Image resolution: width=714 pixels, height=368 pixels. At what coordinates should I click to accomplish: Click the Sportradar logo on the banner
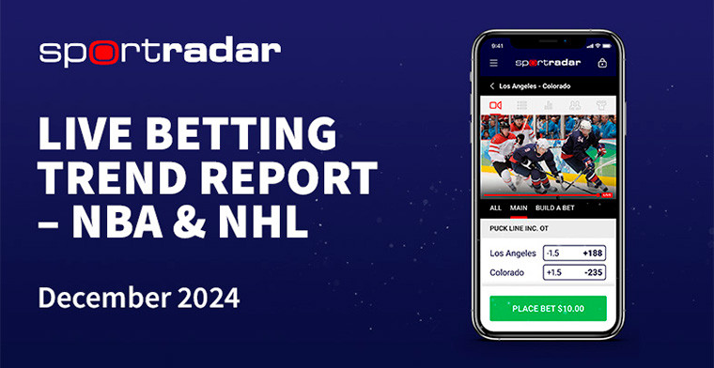[x=160, y=52]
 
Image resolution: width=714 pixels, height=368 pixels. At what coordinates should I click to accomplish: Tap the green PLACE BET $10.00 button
[x=548, y=308]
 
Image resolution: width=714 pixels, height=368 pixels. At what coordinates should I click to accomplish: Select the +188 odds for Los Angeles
[x=592, y=253]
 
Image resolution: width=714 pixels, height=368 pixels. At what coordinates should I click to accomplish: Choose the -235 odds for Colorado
[x=592, y=273]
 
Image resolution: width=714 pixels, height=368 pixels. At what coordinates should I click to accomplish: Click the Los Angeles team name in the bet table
[x=513, y=253]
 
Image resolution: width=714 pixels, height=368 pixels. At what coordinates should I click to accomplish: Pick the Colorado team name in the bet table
[x=507, y=273]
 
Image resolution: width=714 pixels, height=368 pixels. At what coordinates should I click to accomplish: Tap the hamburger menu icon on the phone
[x=494, y=64]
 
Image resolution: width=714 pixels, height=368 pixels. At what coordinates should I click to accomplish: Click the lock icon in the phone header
[x=601, y=64]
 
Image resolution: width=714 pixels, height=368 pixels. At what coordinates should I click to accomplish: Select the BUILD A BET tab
[x=554, y=207]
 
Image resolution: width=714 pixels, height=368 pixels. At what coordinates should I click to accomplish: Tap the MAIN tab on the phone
[x=519, y=207]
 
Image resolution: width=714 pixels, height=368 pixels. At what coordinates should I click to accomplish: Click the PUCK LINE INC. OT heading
[x=522, y=228]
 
